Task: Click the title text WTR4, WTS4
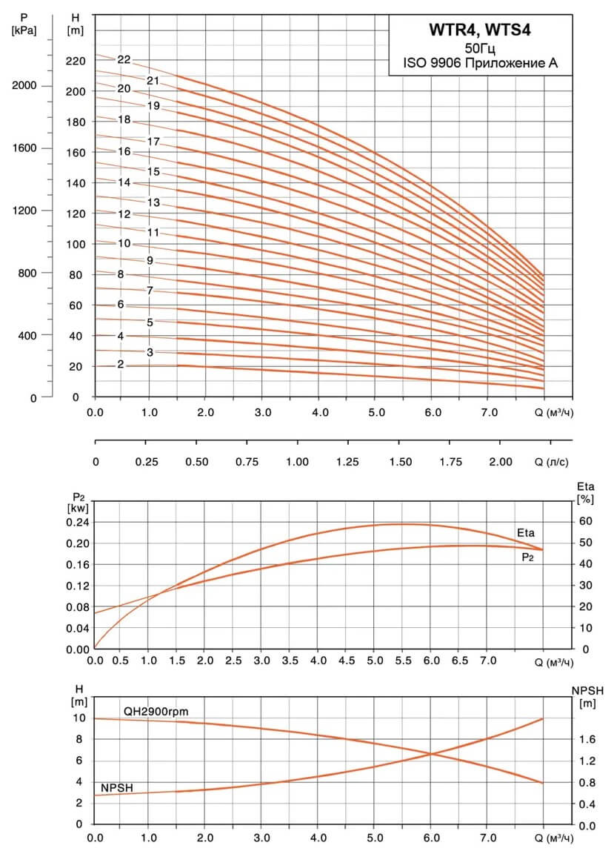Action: (479, 30)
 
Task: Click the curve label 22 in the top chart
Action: (124, 59)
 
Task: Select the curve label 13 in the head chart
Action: (153, 202)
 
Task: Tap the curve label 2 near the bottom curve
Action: (120, 365)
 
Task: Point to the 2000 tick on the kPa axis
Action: (24, 85)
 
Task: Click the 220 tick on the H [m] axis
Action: (76, 61)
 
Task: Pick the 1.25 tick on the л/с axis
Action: (347, 462)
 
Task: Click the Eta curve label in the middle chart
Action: (526, 533)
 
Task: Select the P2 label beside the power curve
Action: (527, 557)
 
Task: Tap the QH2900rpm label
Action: (156, 712)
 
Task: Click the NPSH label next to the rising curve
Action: (117, 787)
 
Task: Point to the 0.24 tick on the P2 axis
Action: (77, 522)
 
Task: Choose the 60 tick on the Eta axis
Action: (586, 521)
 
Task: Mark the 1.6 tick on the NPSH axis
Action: (587, 739)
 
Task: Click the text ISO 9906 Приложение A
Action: (480, 63)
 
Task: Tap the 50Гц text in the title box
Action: (480, 47)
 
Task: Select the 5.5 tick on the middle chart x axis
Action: (403, 661)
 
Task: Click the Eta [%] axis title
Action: (586, 492)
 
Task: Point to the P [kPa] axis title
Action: (24, 24)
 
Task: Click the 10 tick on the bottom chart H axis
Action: (79, 718)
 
